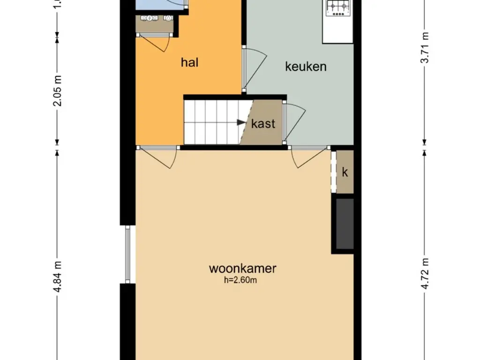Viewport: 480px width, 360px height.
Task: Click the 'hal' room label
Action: (189, 62)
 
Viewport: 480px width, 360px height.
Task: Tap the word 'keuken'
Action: (306, 67)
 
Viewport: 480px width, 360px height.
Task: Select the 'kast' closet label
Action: (263, 124)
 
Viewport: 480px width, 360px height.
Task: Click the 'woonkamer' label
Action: (242, 269)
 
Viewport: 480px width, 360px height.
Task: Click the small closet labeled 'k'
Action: (345, 172)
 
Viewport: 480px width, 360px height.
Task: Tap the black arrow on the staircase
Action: (241, 123)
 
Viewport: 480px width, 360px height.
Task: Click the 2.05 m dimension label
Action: (58, 90)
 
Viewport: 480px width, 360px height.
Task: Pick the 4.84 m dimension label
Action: (58, 277)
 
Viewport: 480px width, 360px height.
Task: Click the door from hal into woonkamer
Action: (159, 157)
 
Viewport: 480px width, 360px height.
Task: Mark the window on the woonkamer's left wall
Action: (128, 255)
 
